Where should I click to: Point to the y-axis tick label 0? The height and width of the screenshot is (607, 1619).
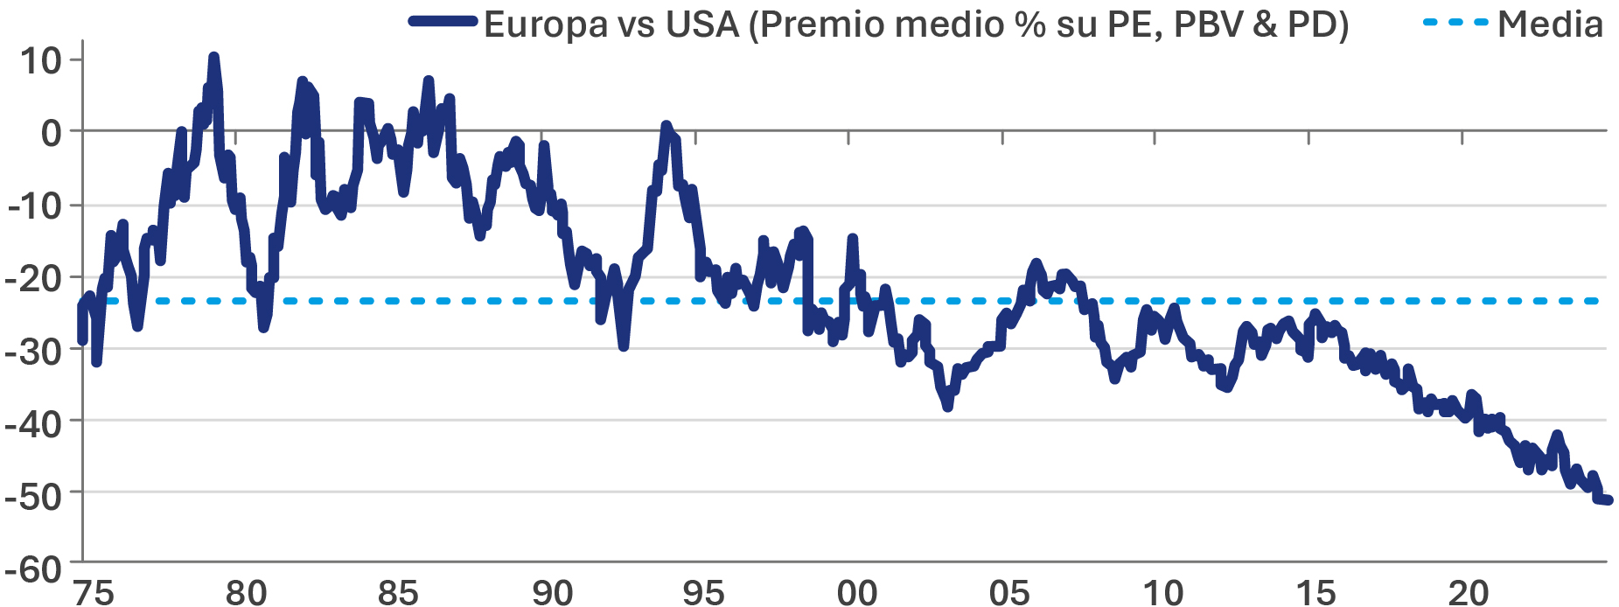[x=51, y=133]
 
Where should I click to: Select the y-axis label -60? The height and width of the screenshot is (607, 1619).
[x=33, y=569]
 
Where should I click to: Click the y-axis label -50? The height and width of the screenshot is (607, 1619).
[x=33, y=496]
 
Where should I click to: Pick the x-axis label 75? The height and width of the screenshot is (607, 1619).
[x=93, y=592]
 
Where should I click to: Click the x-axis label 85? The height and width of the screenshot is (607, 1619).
[x=398, y=592]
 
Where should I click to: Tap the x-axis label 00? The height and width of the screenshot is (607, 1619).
[x=856, y=592]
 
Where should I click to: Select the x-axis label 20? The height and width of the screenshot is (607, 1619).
[x=1469, y=592]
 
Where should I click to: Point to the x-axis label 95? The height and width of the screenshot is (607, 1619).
[x=703, y=592]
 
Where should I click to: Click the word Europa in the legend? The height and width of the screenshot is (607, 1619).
[x=545, y=24]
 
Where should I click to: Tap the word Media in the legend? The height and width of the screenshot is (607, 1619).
[x=1550, y=24]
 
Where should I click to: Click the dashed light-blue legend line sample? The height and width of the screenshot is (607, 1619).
[x=1455, y=23]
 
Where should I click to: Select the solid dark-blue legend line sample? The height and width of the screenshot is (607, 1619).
[x=443, y=23]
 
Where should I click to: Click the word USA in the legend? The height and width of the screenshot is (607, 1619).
[x=702, y=24]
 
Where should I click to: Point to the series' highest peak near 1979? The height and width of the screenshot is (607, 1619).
[x=213, y=57]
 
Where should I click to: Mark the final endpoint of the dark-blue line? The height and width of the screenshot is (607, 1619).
[x=1608, y=500]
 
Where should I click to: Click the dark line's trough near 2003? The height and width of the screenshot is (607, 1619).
[x=947, y=407]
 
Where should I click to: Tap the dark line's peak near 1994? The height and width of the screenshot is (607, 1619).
[x=666, y=126]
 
